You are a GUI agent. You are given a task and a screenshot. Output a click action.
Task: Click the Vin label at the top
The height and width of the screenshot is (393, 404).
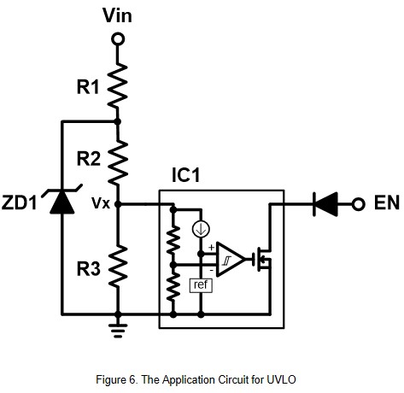coord(117,15)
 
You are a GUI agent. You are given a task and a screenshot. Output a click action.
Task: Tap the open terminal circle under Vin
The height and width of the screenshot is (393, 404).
coord(118,38)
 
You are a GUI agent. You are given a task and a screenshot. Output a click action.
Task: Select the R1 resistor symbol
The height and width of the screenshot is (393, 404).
coord(117,85)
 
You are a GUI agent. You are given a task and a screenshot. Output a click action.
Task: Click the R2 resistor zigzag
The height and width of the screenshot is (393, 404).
coord(118,162)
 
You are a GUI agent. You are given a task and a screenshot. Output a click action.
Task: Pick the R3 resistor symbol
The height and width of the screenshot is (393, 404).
coord(118,267)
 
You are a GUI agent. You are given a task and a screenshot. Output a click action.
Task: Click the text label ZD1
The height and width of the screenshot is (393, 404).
coord(20,202)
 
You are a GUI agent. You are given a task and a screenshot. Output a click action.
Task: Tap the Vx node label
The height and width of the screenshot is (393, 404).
coord(101,203)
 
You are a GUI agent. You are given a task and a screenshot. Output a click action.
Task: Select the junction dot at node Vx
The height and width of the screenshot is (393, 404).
coord(118,204)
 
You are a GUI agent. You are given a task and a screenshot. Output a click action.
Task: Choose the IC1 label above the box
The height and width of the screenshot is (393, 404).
coord(186,175)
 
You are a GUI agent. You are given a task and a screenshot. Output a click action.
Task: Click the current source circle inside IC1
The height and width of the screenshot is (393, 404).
coord(201,230)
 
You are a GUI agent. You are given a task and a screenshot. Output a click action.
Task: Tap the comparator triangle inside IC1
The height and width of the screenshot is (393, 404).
coord(231,260)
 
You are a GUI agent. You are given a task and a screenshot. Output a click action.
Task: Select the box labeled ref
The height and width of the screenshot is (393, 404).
coord(201,285)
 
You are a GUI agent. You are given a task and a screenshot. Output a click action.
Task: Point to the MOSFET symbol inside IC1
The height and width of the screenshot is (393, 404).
coord(262,259)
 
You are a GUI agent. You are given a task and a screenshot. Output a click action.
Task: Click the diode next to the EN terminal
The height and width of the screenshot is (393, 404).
coord(325,204)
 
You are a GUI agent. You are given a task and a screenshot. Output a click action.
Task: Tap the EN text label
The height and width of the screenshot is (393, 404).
coord(387,202)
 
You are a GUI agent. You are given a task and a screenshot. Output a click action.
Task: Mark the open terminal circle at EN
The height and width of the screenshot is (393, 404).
coord(358,204)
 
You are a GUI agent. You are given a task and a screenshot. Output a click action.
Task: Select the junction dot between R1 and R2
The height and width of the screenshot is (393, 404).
coord(117,121)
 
